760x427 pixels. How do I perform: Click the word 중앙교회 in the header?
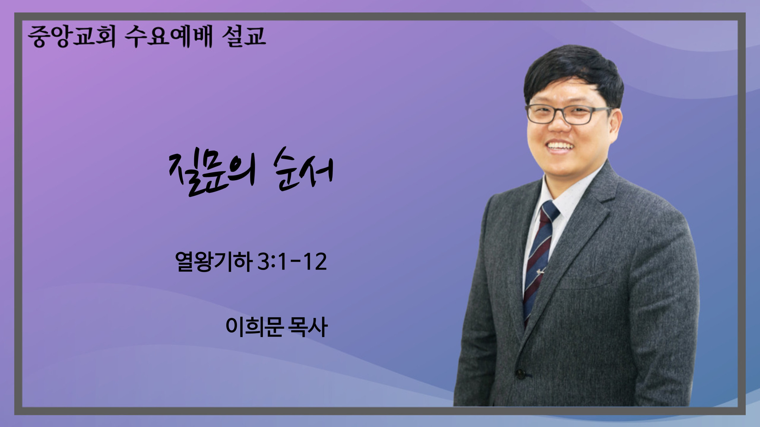click(x=71, y=37)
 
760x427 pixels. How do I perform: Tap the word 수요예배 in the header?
click(x=169, y=37)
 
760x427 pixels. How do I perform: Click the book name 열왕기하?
click(x=212, y=262)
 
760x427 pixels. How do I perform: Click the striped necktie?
click(x=539, y=261)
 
